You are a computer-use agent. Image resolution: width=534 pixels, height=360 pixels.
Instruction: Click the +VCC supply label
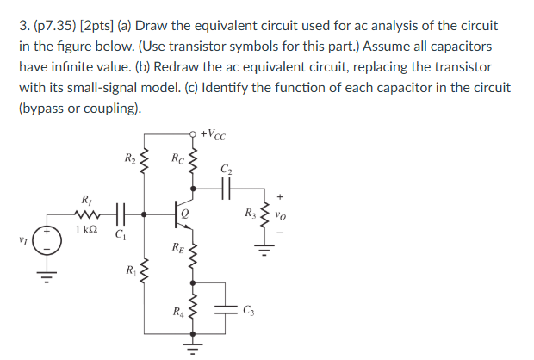214,135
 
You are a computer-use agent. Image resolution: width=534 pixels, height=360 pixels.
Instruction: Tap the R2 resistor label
130,158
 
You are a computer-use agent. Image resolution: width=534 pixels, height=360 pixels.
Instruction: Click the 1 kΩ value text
88,231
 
